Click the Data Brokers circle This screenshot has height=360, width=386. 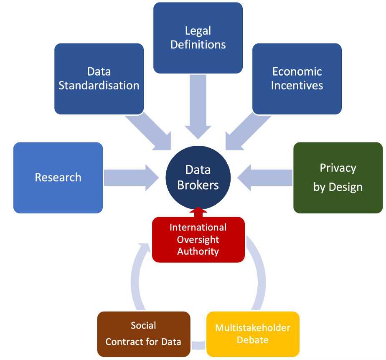(198, 177)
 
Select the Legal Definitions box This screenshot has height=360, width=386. (198, 38)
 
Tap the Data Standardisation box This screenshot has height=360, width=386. (99, 79)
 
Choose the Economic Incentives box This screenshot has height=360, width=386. (297, 79)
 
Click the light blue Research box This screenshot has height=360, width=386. (58, 177)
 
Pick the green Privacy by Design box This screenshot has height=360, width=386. (338, 177)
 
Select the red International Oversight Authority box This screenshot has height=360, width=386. (198, 239)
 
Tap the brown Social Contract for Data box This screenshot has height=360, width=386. (144, 334)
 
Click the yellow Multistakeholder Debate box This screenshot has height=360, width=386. (253, 334)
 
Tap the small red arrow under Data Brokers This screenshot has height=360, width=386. (198, 212)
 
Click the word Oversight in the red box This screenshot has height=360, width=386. (198, 239)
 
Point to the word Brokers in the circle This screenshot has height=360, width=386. (198, 185)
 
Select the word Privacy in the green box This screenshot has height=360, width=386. (338, 168)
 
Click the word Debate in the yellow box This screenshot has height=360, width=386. (253, 340)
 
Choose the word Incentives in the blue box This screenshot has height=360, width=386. (297, 85)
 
